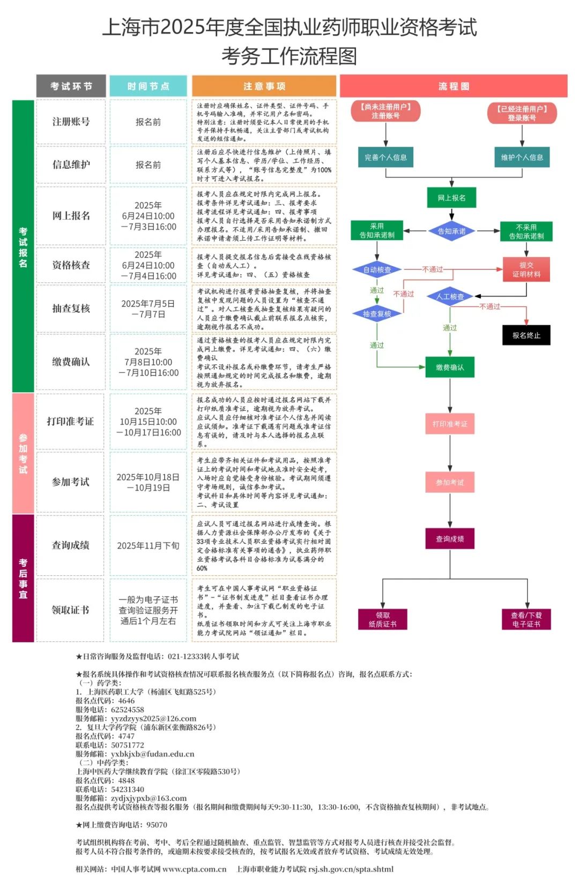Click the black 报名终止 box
click(526, 335)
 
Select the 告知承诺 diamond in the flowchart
click(451, 231)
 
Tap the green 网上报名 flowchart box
click(451, 198)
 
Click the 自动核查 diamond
click(377, 270)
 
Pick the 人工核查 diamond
click(450, 296)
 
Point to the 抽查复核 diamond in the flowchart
click(377, 314)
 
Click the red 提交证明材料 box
click(526, 269)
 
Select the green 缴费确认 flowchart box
click(450, 367)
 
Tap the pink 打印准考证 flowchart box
click(450, 424)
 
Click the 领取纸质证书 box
click(383, 619)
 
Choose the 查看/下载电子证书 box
click(526, 619)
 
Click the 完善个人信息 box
click(385, 157)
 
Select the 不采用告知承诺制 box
click(526, 231)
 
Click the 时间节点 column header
click(148, 86)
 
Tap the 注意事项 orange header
click(264, 86)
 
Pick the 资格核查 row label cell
click(71, 265)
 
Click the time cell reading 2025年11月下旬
click(148, 545)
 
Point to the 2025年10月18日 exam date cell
click(148, 482)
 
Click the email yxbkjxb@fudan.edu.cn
click(153, 754)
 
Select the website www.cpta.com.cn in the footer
click(194, 869)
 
